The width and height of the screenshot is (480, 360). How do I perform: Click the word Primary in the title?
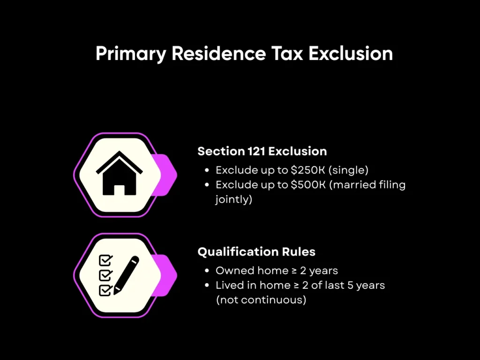point(130,54)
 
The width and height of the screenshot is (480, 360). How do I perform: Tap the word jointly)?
point(234,199)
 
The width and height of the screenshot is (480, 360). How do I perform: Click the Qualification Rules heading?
point(256,252)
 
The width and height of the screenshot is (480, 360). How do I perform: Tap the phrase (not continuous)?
point(261,300)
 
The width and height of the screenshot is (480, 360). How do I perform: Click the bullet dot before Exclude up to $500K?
point(208,185)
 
